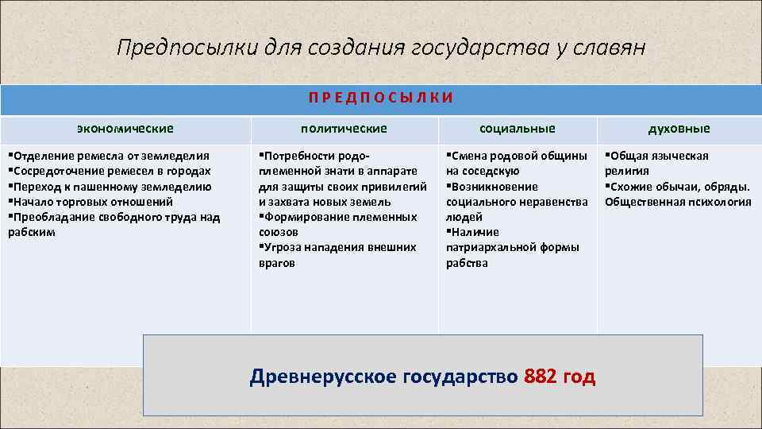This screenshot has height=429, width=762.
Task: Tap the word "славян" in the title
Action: click(x=610, y=48)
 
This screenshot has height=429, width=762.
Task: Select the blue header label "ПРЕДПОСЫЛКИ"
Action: click(x=381, y=98)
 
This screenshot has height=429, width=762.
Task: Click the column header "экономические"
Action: click(x=125, y=128)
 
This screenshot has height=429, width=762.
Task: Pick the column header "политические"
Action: click(x=344, y=128)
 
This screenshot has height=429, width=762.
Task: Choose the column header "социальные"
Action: click(x=518, y=128)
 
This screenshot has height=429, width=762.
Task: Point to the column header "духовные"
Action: click(x=679, y=128)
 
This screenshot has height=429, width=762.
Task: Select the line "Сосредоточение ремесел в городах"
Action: click(x=111, y=171)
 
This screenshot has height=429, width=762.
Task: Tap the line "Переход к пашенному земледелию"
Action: click(x=111, y=187)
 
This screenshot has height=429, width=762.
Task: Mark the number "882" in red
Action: click(x=541, y=377)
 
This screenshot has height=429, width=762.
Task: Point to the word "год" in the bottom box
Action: click(x=579, y=377)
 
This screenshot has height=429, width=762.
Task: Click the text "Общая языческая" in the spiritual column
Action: click(x=659, y=156)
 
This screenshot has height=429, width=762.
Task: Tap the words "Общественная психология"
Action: click(x=678, y=202)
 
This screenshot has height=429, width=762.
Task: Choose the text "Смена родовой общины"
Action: click(x=518, y=156)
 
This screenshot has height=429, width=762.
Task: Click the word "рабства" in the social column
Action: click(x=467, y=263)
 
